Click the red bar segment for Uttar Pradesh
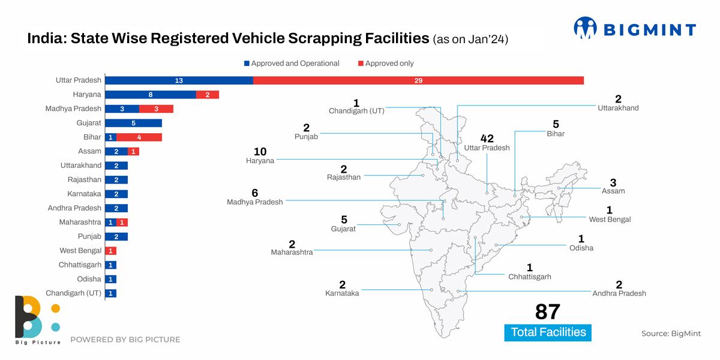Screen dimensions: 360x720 [418, 80]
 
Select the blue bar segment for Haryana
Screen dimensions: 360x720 [151, 95]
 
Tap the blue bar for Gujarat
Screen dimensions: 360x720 [133, 123]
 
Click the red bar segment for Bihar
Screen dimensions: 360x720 [139, 137]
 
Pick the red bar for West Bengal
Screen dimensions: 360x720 [110, 251]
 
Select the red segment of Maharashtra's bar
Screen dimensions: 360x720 [122, 223]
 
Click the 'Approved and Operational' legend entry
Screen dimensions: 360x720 [292, 64]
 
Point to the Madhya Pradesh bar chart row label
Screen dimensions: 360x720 [73, 109]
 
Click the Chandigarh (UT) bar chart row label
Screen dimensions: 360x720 [73, 293]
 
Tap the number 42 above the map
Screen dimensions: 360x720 [487, 139]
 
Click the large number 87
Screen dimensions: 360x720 [547, 312]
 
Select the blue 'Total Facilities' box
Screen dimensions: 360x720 [548, 332]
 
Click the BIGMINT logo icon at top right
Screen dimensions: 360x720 [585, 28]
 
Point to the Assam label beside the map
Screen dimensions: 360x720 [613, 191]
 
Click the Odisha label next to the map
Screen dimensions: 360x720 [581, 248]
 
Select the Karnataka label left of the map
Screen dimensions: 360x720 [342, 293]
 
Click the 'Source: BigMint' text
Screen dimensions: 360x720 [671, 334]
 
